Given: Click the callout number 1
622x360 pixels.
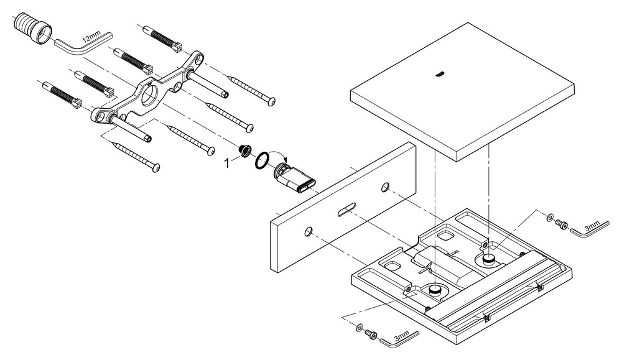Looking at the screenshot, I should [227, 162].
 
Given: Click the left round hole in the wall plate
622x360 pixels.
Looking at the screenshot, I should [309, 232].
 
